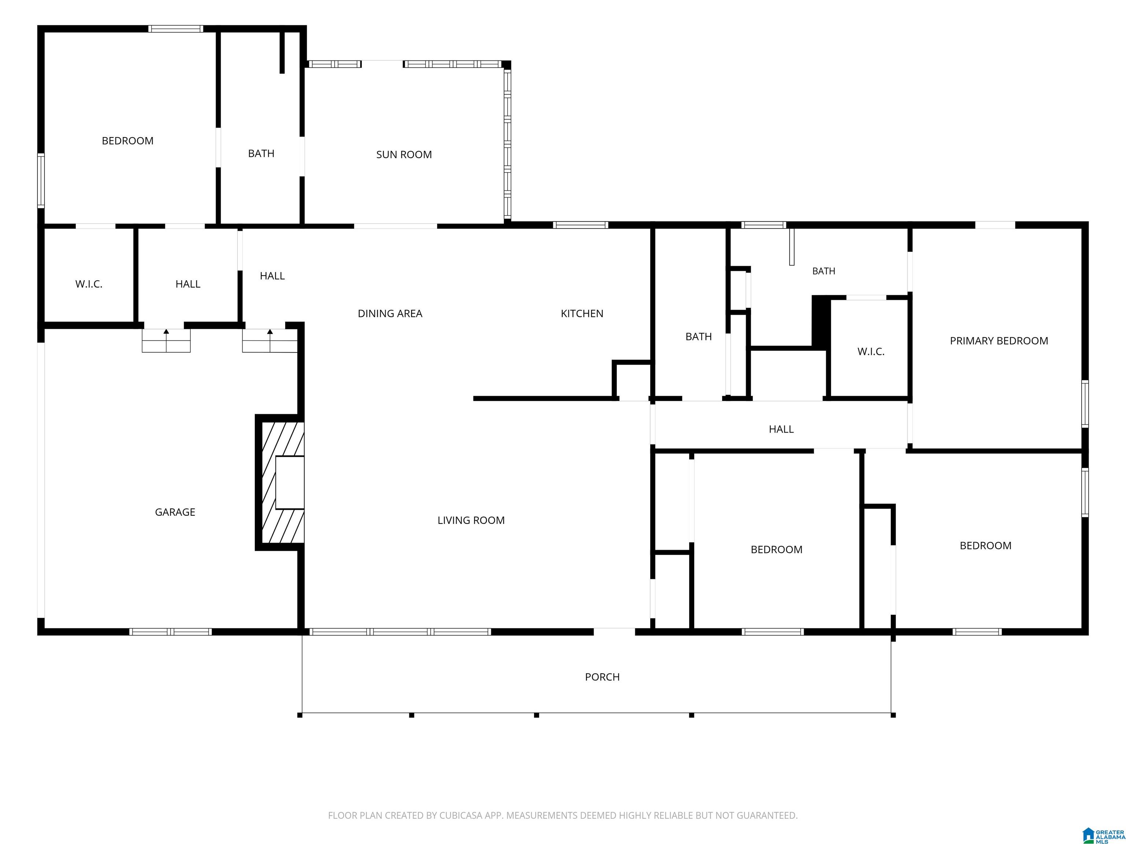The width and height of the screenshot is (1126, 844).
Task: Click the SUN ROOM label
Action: pos(404,155)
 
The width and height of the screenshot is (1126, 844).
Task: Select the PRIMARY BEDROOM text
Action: pos(999,341)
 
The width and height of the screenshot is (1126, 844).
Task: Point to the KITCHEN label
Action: pos(582,313)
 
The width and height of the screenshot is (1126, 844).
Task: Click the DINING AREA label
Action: pos(390,313)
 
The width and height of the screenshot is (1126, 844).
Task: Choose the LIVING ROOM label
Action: pos(471,521)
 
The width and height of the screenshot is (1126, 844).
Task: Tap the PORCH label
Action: pos(602,677)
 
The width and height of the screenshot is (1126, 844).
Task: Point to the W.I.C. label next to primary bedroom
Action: pos(871,352)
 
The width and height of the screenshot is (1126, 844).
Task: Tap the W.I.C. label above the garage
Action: pos(89,284)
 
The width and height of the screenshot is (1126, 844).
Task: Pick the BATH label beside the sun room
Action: pos(261,153)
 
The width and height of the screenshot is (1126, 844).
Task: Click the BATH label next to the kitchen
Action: pos(698,337)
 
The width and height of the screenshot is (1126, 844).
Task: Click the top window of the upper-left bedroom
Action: pos(176,29)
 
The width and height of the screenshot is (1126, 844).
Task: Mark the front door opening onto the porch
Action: pos(614,632)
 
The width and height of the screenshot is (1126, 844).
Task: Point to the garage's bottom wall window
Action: pos(170,632)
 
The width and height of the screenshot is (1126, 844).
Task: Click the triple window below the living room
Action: pos(400,632)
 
